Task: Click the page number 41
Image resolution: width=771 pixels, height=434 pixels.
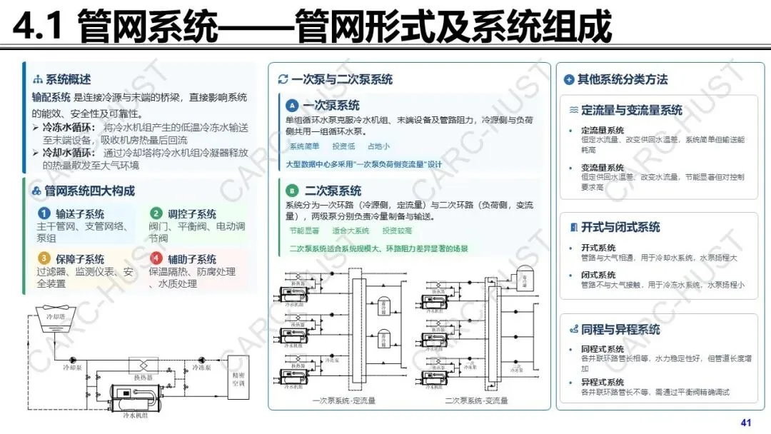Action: tap(747, 423)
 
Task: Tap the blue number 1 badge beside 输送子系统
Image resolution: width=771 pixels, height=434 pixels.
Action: tap(44, 213)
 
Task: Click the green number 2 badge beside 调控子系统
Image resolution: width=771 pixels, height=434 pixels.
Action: tap(156, 213)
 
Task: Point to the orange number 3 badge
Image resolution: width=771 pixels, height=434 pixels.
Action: tap(44, 258)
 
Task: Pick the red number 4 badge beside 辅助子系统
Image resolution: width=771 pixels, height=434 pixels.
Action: tap(156, 258)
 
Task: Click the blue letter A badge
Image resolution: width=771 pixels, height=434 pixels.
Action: tap(291, 106)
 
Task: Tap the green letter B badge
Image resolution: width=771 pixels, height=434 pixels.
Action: tap(291, 191)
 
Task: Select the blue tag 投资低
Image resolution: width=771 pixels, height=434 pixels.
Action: tap(343, 146)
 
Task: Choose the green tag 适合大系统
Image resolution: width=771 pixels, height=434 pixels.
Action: tap(351, 231)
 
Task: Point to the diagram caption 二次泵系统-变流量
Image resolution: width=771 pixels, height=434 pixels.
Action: tap(476, 400)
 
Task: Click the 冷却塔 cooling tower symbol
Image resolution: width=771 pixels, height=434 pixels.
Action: tap(55, 317)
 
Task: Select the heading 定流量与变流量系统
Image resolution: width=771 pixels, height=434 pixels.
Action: tap(631, 111)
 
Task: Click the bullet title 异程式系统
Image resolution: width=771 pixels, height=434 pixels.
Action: tap(603, 383)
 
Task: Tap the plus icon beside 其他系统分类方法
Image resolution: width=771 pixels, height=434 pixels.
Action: tap(568, 80)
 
